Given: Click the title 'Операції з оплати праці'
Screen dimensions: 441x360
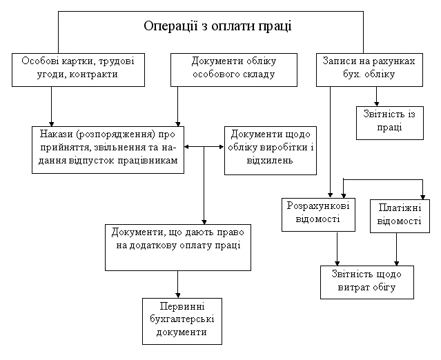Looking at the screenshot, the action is coord(217,26).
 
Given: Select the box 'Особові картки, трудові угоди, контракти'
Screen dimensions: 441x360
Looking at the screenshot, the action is coord(78,70).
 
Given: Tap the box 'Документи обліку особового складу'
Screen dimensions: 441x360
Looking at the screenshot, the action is coord(234,70).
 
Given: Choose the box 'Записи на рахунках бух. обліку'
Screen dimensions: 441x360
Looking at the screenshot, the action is coord(369,70).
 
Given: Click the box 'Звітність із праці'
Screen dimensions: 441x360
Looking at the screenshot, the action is coord(389,123).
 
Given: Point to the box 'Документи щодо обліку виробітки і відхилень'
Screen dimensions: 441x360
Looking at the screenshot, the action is coord(271,150).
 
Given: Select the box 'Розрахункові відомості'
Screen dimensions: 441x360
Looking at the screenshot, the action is coord(318,215).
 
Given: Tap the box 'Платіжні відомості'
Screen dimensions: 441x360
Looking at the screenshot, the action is coord(400,216).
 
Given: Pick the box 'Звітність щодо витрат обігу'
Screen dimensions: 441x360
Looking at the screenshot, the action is coord(367,283).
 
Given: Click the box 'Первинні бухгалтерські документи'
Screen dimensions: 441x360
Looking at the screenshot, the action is coord(182,321).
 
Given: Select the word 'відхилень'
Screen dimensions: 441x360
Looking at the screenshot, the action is coord(270,161).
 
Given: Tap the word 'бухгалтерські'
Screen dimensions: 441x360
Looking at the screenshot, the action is coord(182,319).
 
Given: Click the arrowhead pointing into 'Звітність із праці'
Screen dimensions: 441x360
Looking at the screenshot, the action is coord(376,104).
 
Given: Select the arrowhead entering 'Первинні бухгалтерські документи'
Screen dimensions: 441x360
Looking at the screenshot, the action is coord(178,296).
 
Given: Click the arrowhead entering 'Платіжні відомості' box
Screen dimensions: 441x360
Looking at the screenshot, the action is coord(422,197).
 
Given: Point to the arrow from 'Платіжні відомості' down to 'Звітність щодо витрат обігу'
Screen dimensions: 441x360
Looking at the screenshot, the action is coord(397,249).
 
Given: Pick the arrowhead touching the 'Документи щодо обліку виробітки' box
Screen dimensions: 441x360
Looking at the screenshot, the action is coord(222,147).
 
